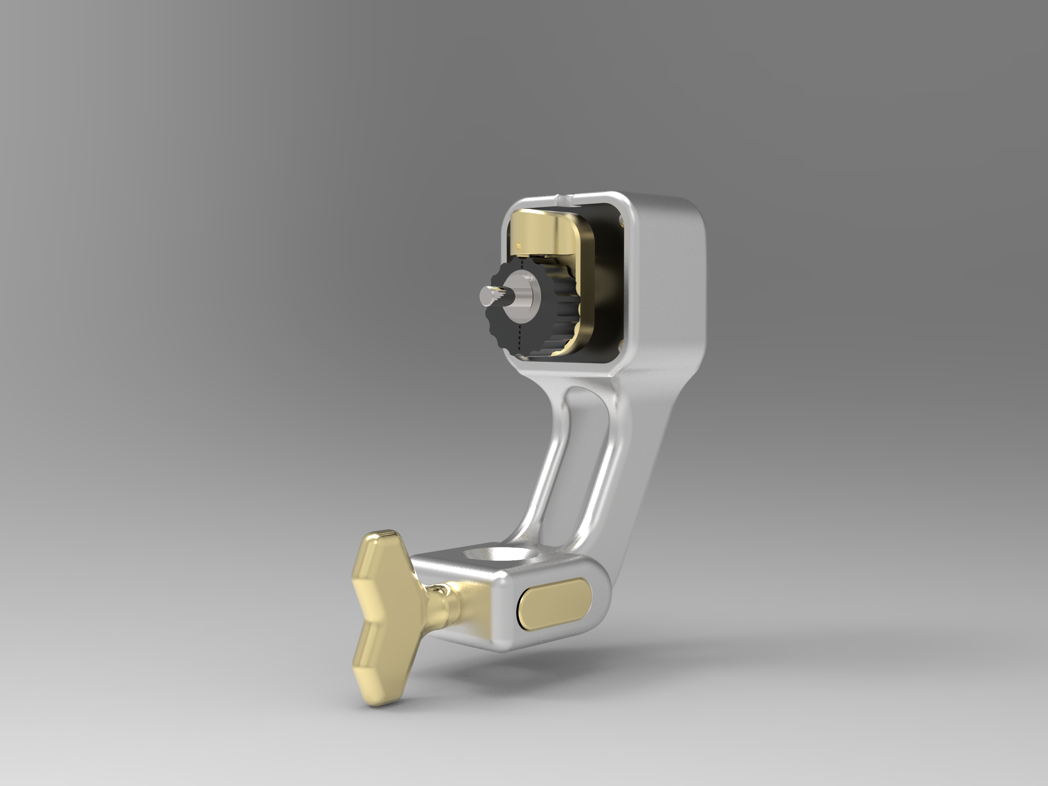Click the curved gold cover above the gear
pos(545,232)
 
